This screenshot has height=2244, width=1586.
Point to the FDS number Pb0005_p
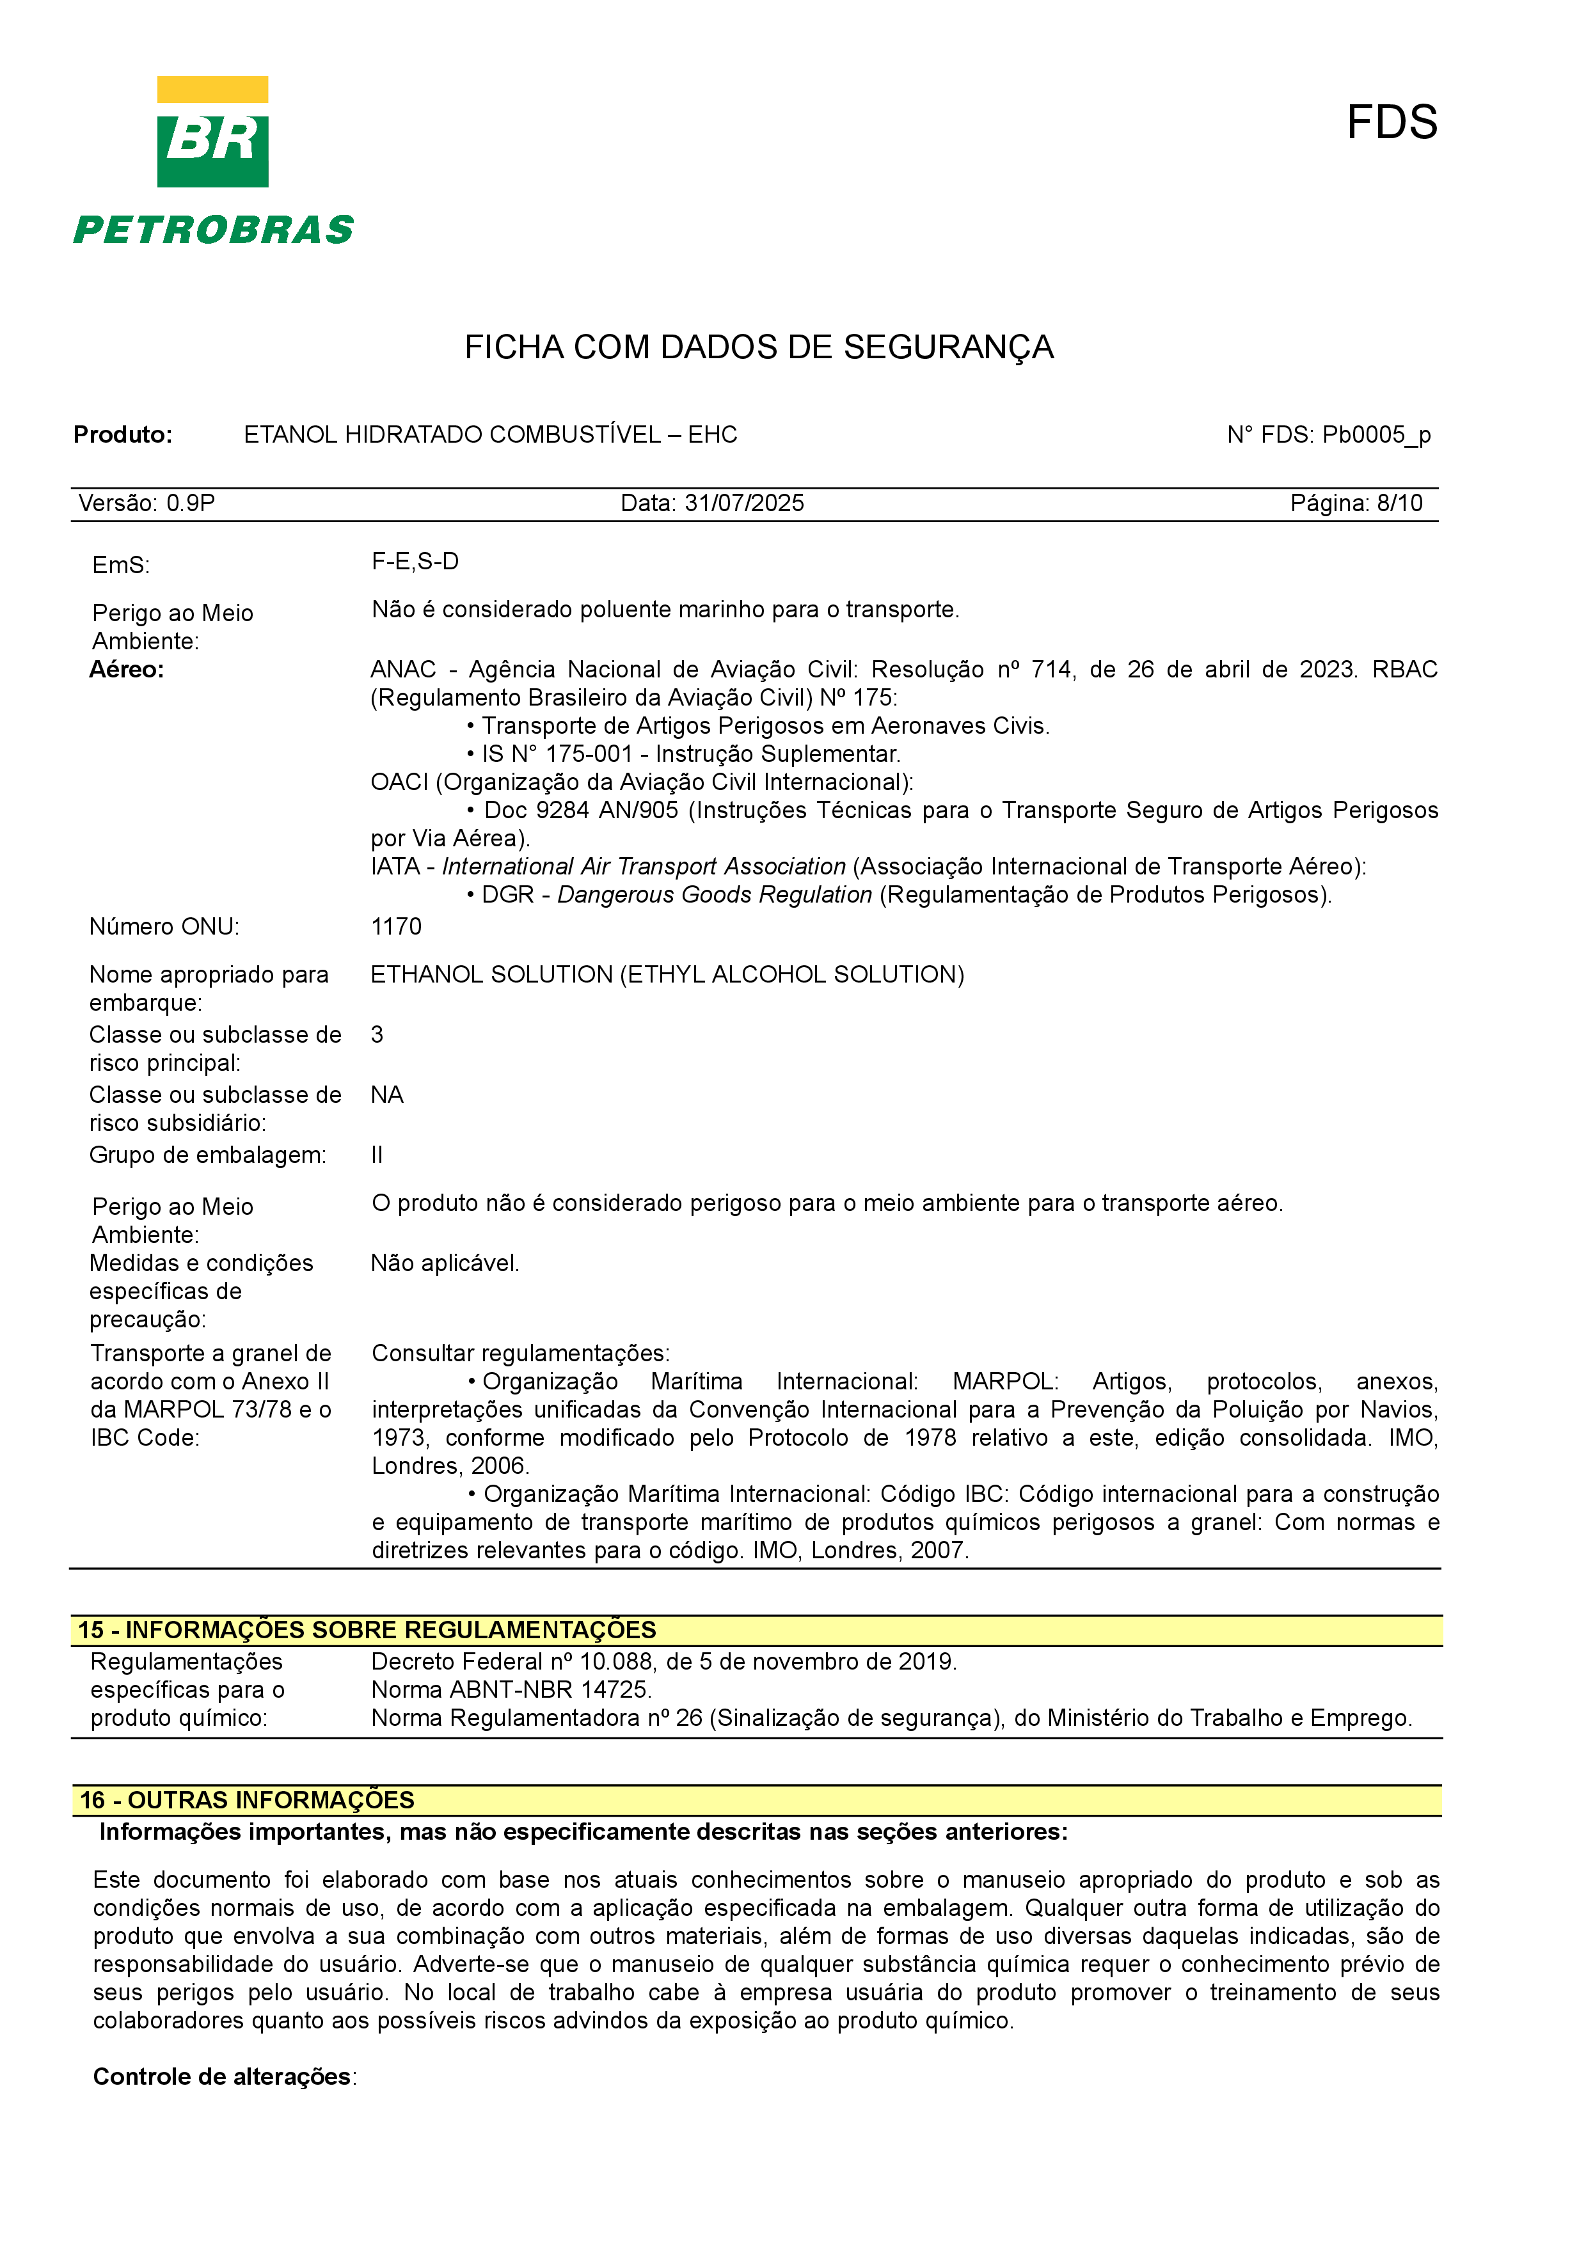1376,435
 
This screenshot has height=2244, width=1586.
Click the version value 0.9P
191,503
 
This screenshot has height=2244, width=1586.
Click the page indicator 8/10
1399,503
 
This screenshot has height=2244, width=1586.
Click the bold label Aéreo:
127,670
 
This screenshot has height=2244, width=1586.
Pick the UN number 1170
397,926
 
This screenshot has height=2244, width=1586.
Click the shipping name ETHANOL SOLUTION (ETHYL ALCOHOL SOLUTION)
667,974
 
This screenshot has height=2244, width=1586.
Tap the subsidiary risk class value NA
387,1094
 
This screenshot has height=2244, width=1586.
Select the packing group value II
377,1155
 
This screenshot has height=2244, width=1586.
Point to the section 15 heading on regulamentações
367,1630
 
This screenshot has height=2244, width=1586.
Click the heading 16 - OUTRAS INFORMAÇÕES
247,1800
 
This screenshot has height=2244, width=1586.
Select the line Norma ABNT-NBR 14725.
511,1690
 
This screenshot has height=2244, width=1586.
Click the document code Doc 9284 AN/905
580,810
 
